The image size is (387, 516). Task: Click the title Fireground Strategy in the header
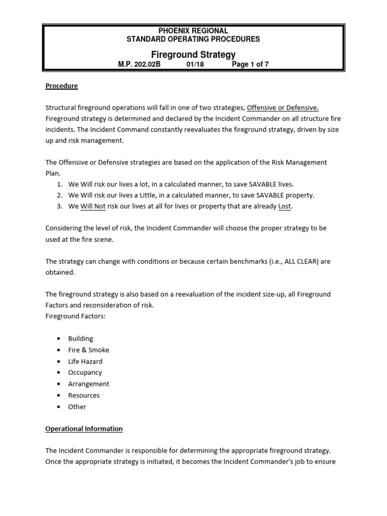(x=193, y=54)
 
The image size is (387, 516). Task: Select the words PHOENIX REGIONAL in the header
(x=193, y=31)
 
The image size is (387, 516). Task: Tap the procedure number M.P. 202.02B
(x=139, y=64)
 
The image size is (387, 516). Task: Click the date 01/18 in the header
(x=195, y=64)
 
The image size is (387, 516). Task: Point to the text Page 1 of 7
(x=250, y=64)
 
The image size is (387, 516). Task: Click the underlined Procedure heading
(x=61, y=86)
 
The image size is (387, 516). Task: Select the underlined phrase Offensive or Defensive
(x=283, y=107)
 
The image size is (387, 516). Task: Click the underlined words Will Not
(x=93, y=206)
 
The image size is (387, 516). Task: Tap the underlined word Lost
(x=285, y=206)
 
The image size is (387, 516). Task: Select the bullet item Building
(x=81, y=339)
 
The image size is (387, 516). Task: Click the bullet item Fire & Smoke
(x=89, y=350)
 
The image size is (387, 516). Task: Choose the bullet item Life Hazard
(x=85, y=361)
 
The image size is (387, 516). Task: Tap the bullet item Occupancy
(x=85, y=372)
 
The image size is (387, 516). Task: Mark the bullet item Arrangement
(x=89, y=383)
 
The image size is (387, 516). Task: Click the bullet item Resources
(x=84, y=395)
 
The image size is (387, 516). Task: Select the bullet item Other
(x=77, y=407)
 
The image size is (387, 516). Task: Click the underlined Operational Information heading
(x=84, y=429)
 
